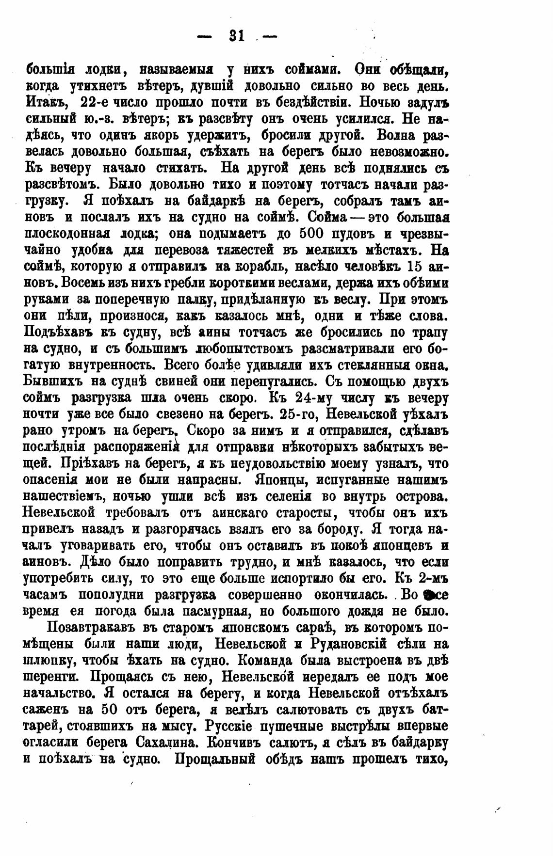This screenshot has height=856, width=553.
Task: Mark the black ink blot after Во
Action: (x=427, y=595)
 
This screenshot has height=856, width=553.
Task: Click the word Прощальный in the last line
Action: (x=214, y=759)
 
